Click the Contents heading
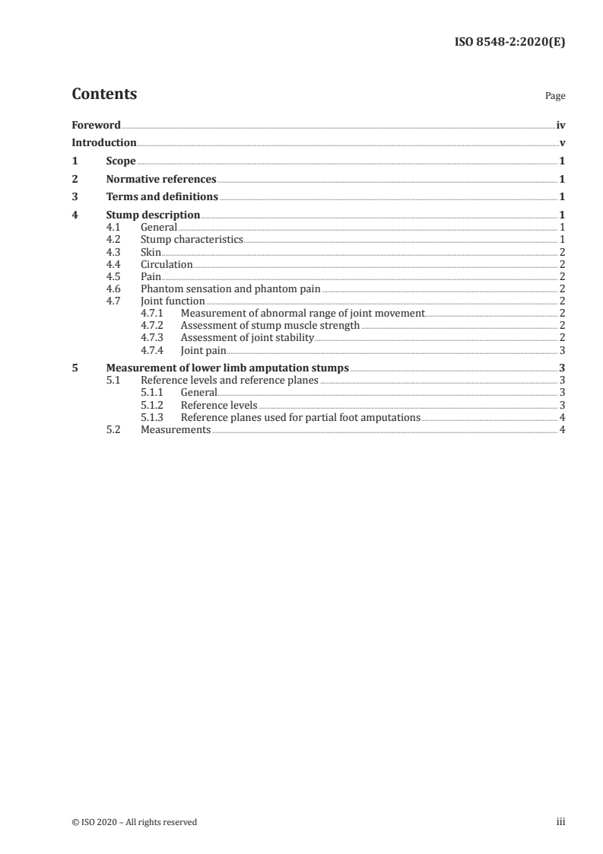(x=104, y=94)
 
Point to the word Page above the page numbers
(x=554, y=97)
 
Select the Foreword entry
(x=96, y=124)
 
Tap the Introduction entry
(x=104, y=142)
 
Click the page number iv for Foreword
(x=560, y=124)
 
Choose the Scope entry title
(x=121, y=161)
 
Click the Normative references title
(x=161, y=180)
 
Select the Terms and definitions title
(x=162, y=197)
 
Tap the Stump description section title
(x=153, y=215)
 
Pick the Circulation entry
(x=167, y=264)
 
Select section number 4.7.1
(x=153, y=313)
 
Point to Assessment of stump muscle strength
(x=270, y=325)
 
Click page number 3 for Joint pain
(x=561, y=350)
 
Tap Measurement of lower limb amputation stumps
(x=227, y=368)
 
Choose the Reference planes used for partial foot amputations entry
(x=300, y=417)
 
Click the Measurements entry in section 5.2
(x=176, y=430)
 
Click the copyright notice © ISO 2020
(x=134, y=822)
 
